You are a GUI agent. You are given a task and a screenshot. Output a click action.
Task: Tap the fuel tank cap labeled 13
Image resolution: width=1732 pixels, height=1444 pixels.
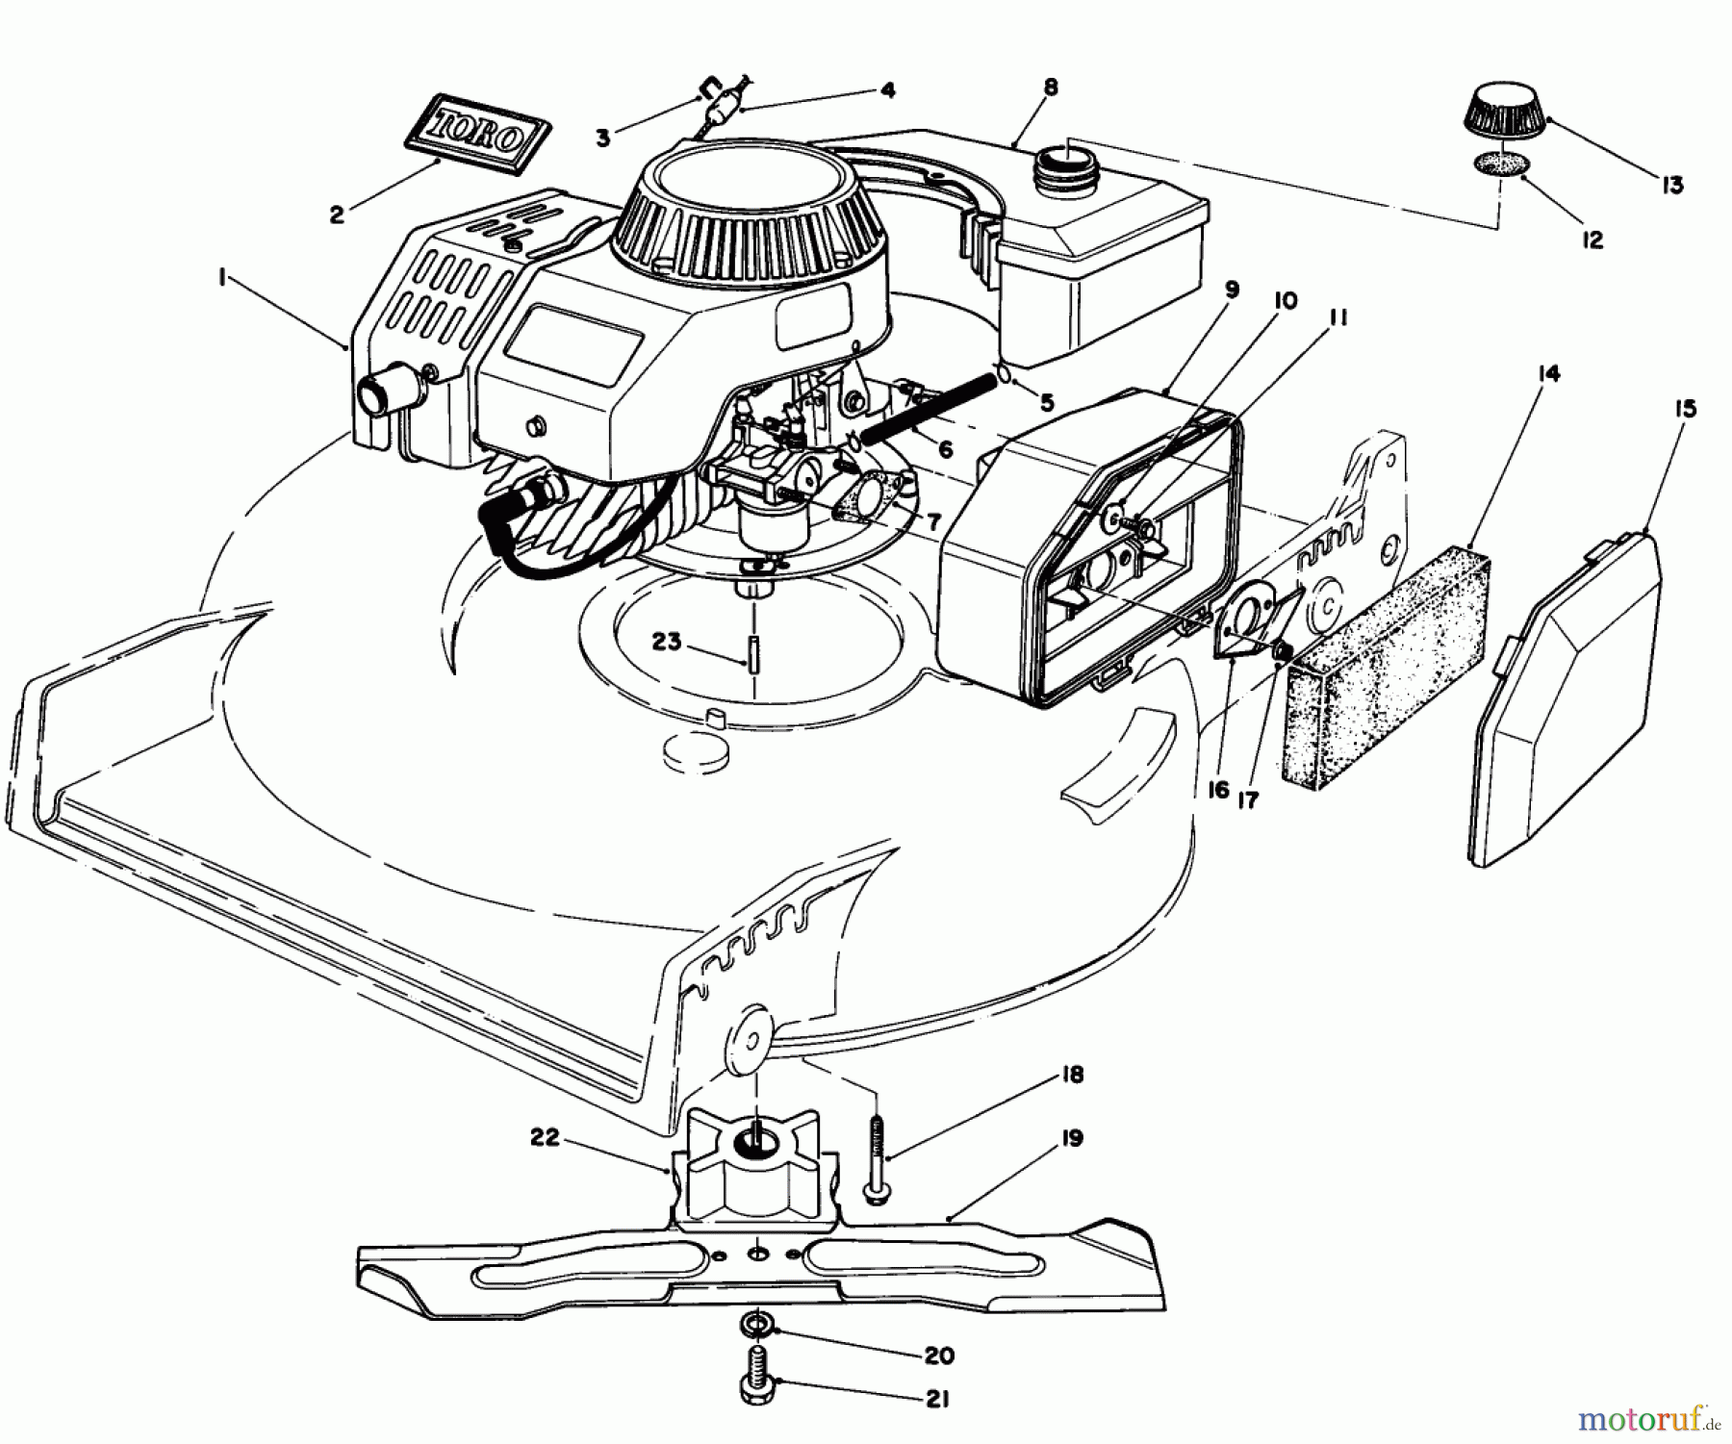(1506, 120)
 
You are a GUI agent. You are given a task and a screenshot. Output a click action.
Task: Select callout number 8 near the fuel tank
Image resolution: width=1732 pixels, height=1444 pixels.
(1050, 88)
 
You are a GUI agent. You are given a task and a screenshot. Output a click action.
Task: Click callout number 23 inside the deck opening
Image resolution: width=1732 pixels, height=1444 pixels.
(665, 642)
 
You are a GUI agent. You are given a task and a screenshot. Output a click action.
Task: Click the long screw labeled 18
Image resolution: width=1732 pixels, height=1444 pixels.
(878, 1164)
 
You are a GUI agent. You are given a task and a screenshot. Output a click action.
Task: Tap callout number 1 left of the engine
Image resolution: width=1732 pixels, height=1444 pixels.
(222, 278)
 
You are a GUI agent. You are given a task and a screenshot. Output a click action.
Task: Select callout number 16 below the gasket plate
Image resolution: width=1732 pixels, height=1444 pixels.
(1217, 790)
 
